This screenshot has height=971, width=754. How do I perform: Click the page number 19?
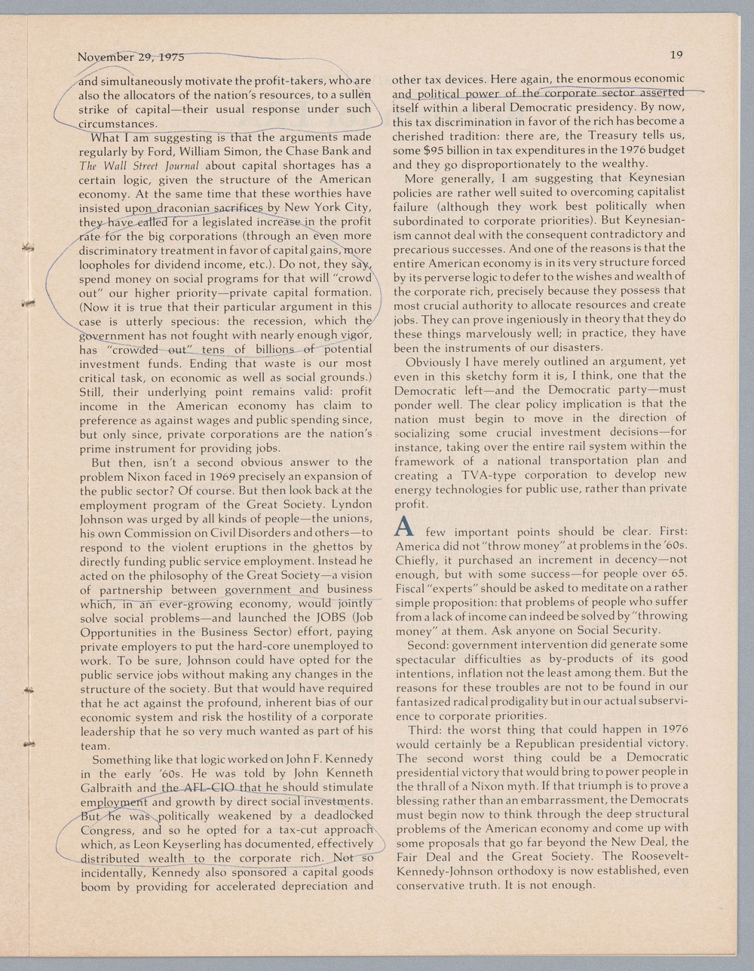676,54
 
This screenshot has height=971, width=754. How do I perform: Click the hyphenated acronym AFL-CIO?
207,788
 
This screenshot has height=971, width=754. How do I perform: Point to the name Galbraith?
107,788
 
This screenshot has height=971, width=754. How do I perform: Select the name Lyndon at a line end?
352,504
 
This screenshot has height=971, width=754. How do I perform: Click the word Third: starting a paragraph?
425,731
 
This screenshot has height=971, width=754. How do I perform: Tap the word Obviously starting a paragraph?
433,361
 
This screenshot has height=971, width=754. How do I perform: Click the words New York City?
327,208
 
